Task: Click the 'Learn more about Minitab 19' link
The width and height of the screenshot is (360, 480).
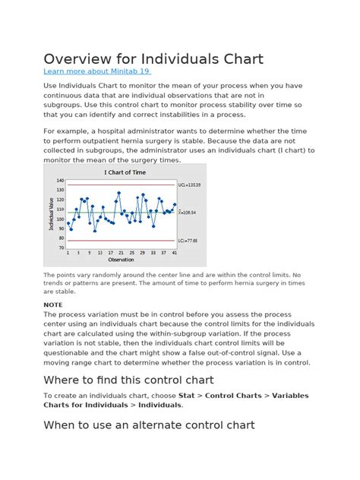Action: [96, 71]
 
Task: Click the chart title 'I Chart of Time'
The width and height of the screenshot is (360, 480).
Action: [125, 172]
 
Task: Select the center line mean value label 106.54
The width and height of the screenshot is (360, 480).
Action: [188, 213]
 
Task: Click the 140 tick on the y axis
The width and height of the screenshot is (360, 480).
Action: [60, 181]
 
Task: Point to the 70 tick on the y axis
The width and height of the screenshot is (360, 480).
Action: [61, 248]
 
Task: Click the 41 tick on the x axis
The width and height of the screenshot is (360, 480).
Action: [174, 253]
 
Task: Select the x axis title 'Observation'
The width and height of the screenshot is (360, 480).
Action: [122, 260]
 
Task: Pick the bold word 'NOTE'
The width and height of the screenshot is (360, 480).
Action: [53, 304]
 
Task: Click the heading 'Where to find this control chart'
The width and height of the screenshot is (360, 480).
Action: [128, 380]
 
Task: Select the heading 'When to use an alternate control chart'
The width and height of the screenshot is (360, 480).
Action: [149, 425]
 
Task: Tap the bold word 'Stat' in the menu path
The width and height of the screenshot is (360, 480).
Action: [186, 396]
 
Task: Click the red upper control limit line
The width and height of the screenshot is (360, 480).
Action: [122, 185]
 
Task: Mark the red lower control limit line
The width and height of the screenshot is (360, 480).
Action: [122, 241]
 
